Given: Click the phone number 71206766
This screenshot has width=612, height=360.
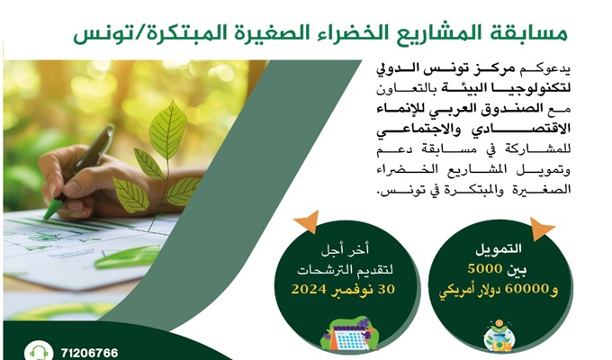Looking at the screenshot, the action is (x=89, y=353).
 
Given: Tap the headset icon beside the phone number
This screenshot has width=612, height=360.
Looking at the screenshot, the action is (x=38, y=352).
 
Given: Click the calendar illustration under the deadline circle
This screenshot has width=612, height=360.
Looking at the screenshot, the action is (x=348, y=335).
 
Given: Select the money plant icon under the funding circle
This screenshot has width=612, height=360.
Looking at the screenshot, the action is (x=499, y=337).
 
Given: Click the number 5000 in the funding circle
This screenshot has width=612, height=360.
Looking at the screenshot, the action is (x=485, y=268).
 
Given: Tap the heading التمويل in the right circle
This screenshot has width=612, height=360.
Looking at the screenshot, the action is (x=499, y=248).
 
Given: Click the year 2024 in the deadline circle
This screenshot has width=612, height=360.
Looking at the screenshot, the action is (x=309, y=289).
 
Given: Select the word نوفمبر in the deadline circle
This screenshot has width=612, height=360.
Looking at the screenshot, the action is (x=353, y=290).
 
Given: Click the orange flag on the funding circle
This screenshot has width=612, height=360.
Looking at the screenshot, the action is (x=541, y=229).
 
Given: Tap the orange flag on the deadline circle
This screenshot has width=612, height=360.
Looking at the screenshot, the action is (x=309, y=221).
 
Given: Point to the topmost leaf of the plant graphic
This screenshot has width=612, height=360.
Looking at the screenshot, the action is (x=168, y=124).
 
